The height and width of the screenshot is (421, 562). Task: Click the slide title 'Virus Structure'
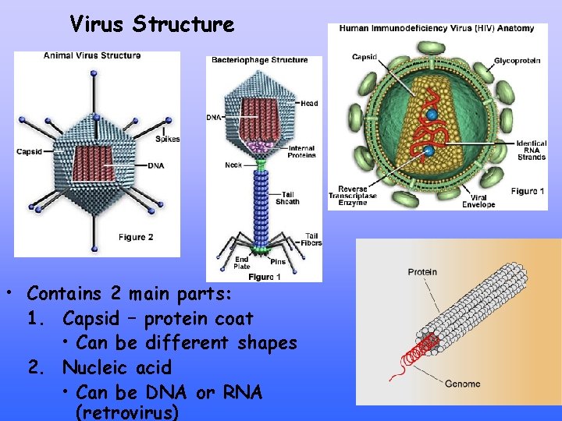(151, 24)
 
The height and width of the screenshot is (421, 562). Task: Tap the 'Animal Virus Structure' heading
(92, 55)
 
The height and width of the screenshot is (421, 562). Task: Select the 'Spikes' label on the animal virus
(168, 139)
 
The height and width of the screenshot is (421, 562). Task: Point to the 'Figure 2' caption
(136, 237)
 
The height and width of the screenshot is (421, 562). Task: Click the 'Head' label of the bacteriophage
(310, 102)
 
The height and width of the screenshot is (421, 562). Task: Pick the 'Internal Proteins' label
(301, 151)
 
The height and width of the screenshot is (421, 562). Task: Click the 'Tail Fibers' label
(311, 239)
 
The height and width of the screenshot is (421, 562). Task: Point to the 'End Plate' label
(242, 263)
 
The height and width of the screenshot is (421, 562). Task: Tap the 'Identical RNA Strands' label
(531, 150)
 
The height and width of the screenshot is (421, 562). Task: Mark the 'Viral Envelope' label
(478, 200)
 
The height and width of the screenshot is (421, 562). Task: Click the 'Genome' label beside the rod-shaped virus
(462, 384)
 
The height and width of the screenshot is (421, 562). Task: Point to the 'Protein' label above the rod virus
(422, 272)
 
